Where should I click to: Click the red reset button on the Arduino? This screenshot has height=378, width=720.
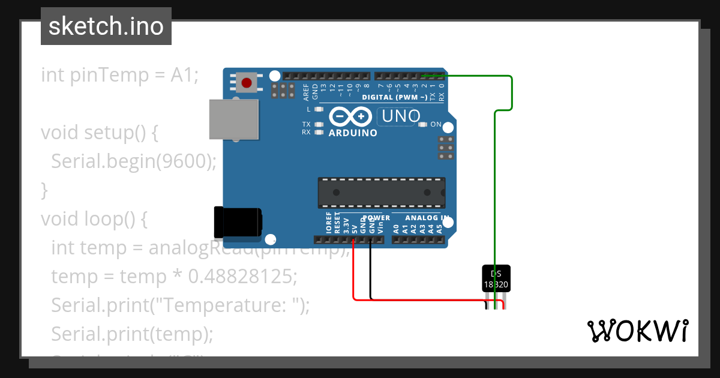click(x=246, y=82)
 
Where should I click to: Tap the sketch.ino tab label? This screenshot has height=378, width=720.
click(x=106, y=26)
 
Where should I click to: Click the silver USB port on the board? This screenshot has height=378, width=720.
click(x=234, y=119)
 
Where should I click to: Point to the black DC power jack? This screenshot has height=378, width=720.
click(x=238, y=222)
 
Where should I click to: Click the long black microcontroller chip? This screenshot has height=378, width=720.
click(x=382, y=193)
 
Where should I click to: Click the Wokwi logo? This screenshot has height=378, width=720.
click(x=637, y=331)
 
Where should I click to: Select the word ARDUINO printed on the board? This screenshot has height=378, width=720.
click(x=353, y=133)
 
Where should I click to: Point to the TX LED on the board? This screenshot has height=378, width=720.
click(x=319, y=124)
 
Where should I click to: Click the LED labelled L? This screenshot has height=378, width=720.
click(x=319, y=110)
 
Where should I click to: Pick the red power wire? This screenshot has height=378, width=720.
click(x=420, y=299)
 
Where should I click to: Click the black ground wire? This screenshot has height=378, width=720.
click(x=371, y=270)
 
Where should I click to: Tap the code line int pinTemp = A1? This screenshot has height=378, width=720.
click(x=119, y=75)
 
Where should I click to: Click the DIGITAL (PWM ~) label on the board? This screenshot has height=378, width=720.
click(x=394, y=97)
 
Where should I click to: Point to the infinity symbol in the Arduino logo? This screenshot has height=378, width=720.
click(x=352, y=116)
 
